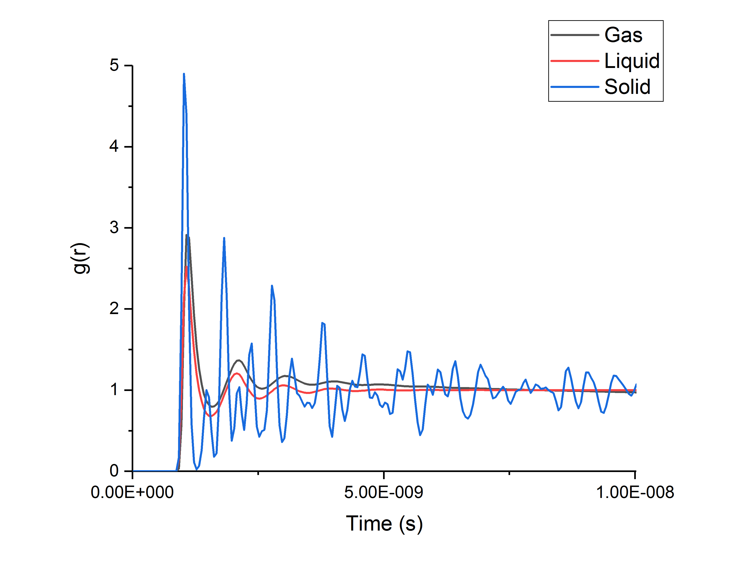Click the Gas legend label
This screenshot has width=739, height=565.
coord(623,35)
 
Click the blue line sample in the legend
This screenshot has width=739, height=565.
coord(575,87)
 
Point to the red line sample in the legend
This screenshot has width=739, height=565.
coord(575,61)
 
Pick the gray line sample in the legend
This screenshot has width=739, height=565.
coord(575,35)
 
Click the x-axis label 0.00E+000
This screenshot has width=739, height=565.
coord(132,493)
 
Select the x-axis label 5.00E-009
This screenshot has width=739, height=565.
coord(384,493)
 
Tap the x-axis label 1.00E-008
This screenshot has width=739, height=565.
coord(635,493)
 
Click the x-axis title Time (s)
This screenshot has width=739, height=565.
coord(384,524)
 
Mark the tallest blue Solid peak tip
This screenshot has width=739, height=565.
coord(184,74)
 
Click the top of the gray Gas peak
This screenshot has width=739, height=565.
coord(187,235)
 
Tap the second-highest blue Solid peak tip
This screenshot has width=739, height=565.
coord(224,238)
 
